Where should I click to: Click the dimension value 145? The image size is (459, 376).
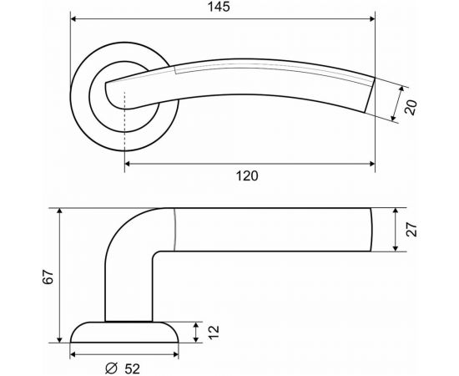pos(221,7)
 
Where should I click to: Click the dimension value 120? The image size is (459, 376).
pos(248,175)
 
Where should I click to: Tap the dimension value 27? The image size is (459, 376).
pos(411,230)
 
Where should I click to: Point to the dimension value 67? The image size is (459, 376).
pos(48,276)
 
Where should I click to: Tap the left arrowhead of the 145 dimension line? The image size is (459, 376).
pos(73,18)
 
